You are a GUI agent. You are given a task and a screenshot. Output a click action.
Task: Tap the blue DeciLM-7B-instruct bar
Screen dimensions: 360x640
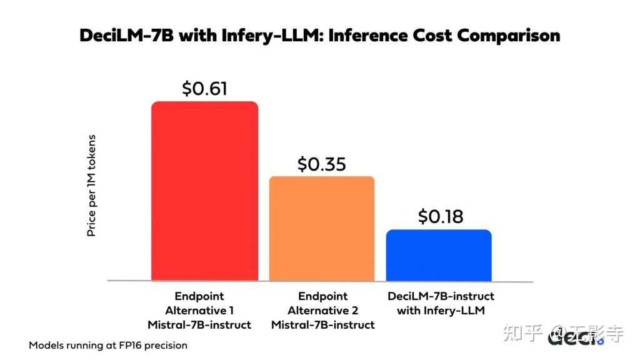point(439,256)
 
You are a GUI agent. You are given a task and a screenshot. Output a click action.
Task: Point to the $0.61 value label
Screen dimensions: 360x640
point(204,88)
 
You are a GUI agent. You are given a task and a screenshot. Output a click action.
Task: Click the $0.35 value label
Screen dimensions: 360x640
point(322,164)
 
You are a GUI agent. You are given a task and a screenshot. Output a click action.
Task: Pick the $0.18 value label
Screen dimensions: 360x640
point(441,216)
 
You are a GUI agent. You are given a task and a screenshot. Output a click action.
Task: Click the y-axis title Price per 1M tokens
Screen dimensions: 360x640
point(91,185)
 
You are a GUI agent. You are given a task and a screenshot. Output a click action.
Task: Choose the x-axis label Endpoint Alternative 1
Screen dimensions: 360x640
point(199,303)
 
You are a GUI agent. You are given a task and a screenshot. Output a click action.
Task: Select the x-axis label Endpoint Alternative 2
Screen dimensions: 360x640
point(323,303)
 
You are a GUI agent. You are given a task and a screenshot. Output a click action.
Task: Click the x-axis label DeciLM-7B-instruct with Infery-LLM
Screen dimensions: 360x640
point(441,303)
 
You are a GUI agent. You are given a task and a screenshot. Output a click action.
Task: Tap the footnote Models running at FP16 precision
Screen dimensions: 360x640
point(107,345)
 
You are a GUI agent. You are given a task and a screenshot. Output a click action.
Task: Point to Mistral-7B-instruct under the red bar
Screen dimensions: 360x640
point(199,325)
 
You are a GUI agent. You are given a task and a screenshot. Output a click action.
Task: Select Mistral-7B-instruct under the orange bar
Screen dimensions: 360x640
point(323,325)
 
